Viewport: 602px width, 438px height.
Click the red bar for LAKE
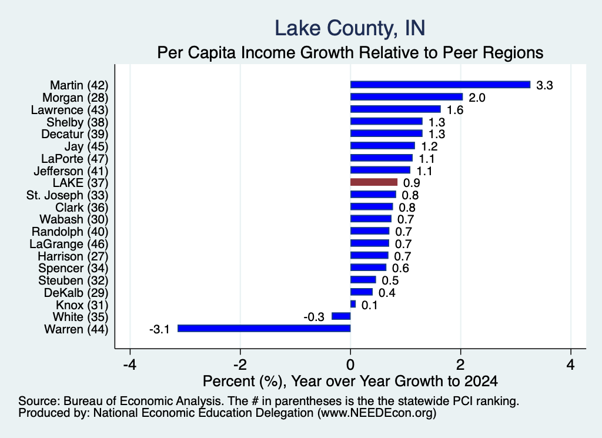[373, 182]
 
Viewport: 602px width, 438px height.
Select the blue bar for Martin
[440, 85]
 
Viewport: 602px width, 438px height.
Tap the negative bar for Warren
[264, 329]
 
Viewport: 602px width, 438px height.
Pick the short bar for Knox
[353, 305]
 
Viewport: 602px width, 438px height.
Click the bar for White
[341, 316]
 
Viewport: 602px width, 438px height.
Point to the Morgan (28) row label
[75, 98]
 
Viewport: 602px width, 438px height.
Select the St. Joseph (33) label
[67, 195]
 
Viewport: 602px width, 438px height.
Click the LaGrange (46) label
[69, 244]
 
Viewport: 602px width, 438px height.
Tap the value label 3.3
[544, 85]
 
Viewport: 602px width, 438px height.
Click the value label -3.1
[159, 329]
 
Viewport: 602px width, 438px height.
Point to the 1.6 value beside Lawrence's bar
[455, 110]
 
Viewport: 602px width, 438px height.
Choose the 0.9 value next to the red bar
[412, 183]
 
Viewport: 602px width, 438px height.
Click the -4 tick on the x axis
[130, 365]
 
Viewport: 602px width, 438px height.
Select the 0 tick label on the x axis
[350, 365]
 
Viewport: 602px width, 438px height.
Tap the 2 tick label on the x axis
[460, 365]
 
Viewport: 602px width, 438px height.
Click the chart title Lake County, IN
[350, 28]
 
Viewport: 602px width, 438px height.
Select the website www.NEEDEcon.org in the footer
[377, 413]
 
